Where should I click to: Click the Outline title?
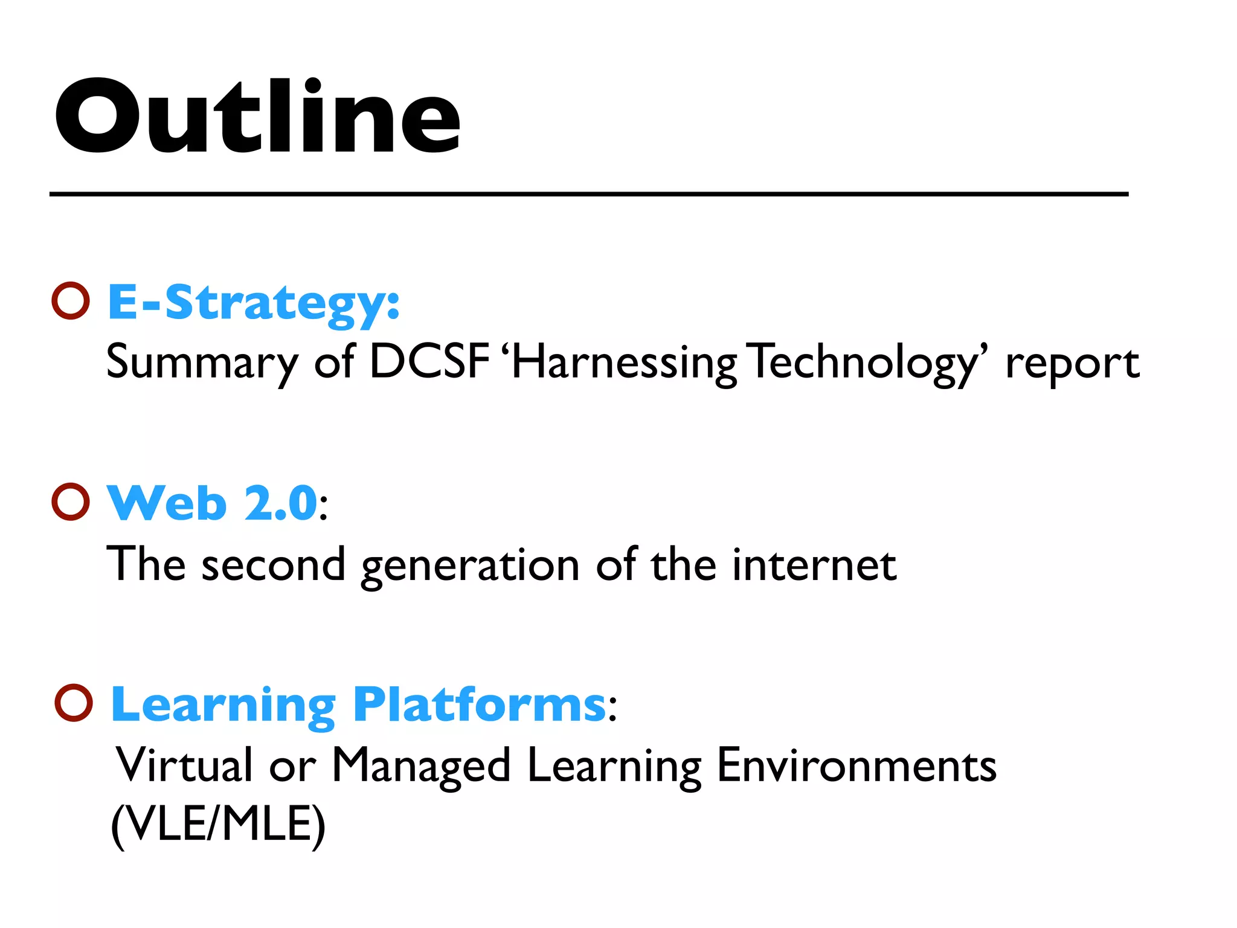pyautogui.click(x=257, y=117)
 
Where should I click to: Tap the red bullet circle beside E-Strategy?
pyautogui.click(x=71, y=300)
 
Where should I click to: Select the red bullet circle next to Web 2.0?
pyautogui.click(x=71, y=501)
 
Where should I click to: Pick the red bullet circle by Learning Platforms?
pyautogui.click(x=74, y=703)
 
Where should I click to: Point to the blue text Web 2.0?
pyautogui.click(x=212, y=503)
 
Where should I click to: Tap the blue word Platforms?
pyautogui.click(x=480, y=704)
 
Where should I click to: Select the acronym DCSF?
pyautogui.click(x=429, y=362)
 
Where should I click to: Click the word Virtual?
pyautogui.click(x=184, y=765)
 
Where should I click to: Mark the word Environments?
pyautogui.click(x=856, y=765)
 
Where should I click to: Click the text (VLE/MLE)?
pyautogui.click(x=219, y=825)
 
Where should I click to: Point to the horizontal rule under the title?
pyautogui.click(x=589, y=194)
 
